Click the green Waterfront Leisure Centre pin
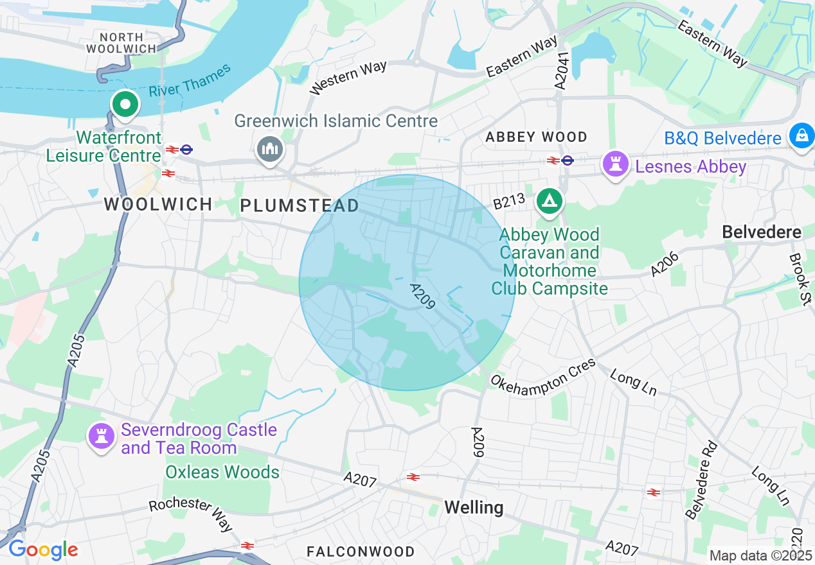[x=125, y=105]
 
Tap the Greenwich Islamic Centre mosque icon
[x=269, y=149]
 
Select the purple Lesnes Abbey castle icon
[x=615, y=164]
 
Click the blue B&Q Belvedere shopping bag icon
[x=802, y=136]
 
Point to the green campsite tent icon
[x=550, y=200]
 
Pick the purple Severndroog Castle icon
[x=102, y=437]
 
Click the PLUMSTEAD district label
[x=300, y=205]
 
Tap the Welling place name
[x=474, y=508]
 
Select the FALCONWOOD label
[x=361, y=552]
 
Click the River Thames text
[x=190, y=81]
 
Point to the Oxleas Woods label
[x=222, y=472]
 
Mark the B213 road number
[x=509, y=203]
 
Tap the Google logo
[x=42, y=550]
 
